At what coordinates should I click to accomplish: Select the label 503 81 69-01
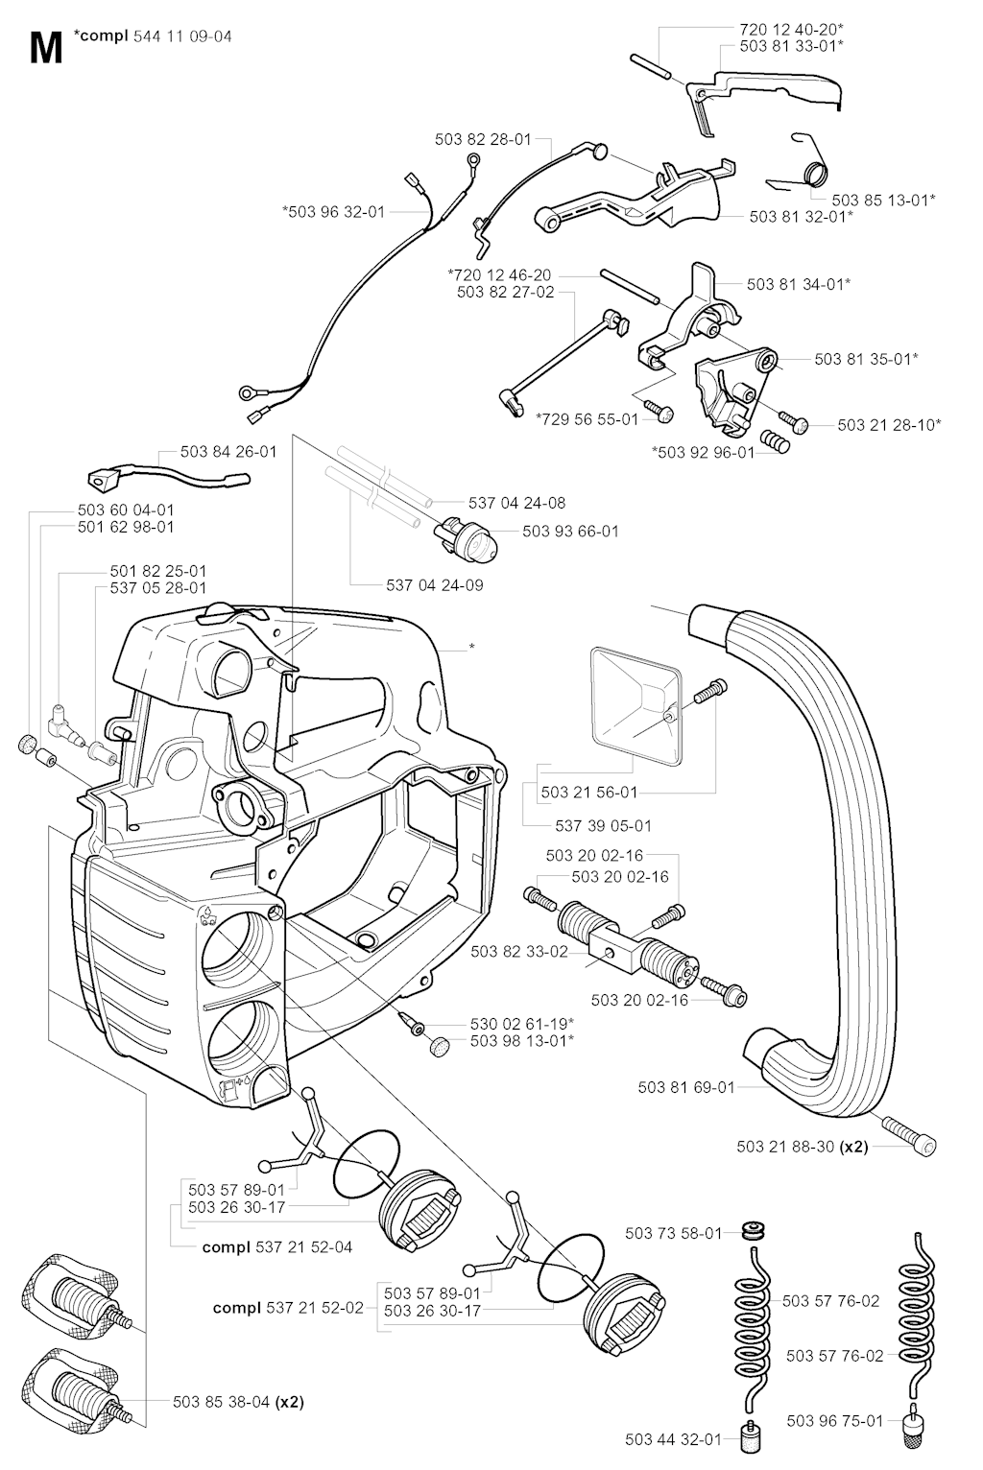pos(686,1087)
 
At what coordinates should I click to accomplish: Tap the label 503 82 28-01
pos(483,139)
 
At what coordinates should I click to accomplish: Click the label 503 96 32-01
pos(333,211)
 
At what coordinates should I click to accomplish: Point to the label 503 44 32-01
pos(672,1438)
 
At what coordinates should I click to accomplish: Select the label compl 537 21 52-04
pos(277,1247)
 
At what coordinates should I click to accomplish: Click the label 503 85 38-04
pos(238,1401)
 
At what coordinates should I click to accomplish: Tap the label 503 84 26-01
pos(228,451)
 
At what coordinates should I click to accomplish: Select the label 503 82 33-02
pos(519,951)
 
